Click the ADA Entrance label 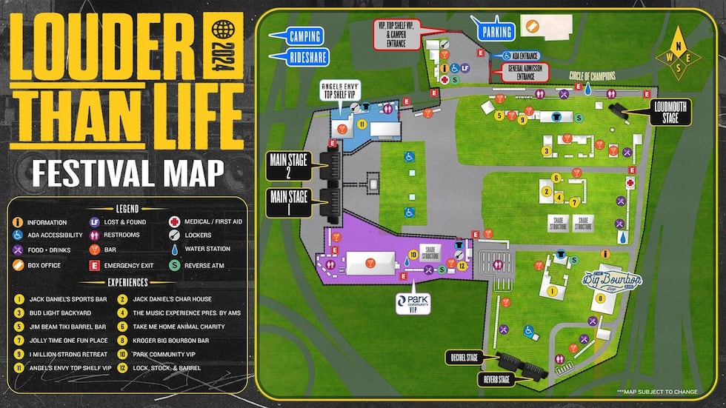pos(523,56)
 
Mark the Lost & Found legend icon pos(95,222)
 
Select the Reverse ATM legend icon pos(173,264)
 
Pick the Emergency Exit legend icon pos(95,264)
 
